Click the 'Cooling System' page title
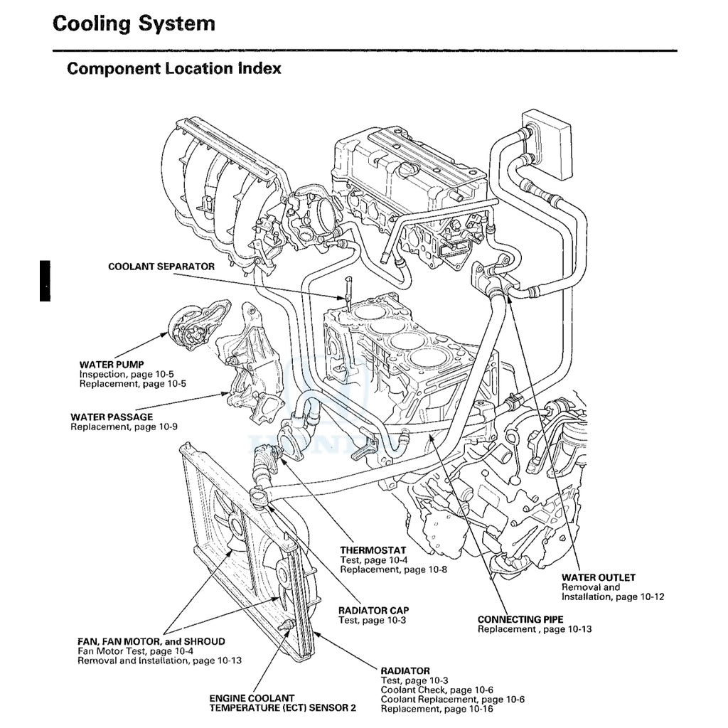pos(134,23)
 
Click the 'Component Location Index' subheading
pos(173,69)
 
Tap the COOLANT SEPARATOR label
pos(161,267)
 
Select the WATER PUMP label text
pos(112,364)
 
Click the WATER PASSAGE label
pos(112,417)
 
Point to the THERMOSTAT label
pos(373,550)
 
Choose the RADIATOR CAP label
pos(373,611)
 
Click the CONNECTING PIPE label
pos(520,620)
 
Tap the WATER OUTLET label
pos(598,577)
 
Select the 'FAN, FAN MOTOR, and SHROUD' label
pos(151,641)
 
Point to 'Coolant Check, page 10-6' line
pos(437,690)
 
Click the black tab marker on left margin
pos(45,281)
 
